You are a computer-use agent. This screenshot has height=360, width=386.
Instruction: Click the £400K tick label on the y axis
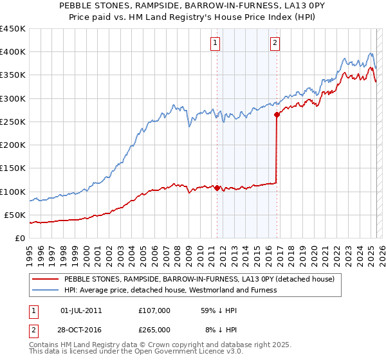pyautogui.click(x=13, y=52)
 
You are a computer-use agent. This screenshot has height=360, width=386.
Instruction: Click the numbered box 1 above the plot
pyautogui.click(x=214, y=43)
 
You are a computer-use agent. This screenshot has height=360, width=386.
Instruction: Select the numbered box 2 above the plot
pyautogui.click(x=275, y=43)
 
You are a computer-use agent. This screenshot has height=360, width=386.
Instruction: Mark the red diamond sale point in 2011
pyautogui.click(x=217, y=188)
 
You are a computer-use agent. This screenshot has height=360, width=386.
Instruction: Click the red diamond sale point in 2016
pyautogui.click(x=277, y=115)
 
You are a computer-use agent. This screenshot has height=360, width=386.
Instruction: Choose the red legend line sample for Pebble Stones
pyautogui.click(x=45, y=280)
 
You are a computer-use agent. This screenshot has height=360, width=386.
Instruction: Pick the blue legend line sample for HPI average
pyautogui.click(x=45, y=290)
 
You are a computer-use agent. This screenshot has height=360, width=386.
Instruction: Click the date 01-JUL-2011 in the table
pyautogui.click(x=80, y=310)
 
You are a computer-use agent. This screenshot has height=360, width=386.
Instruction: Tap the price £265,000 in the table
pyautogui.click(x=154, y=330)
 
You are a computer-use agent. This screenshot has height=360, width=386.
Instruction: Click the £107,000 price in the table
pyautogui.click(x=154, y=310)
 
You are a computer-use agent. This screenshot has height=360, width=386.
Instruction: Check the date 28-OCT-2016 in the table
pyautogui.click(x=82, y=330)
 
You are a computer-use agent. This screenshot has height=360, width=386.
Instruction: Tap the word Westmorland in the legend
pyautogui.click(x=224, y=290)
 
